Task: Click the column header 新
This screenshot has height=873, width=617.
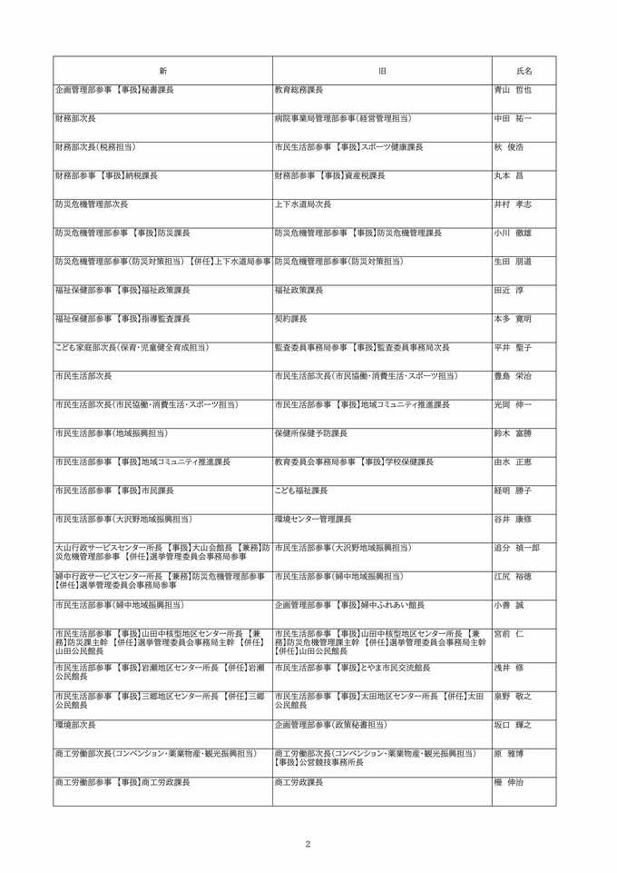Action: coord(162,71)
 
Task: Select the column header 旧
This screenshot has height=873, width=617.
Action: coord(382,71)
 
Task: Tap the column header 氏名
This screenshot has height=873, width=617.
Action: coord(524,71)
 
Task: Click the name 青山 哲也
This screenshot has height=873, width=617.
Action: coord(513,90)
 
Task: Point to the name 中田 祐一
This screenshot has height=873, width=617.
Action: coord(513,118)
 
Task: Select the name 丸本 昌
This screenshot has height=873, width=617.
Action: coord(509,175)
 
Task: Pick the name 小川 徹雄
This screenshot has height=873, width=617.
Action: coord(513,233)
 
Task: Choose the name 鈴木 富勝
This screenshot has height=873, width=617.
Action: coord(513,433)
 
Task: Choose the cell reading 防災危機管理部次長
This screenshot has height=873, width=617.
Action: coord(92,204)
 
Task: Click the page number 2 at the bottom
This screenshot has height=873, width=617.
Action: coord(308,844)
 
